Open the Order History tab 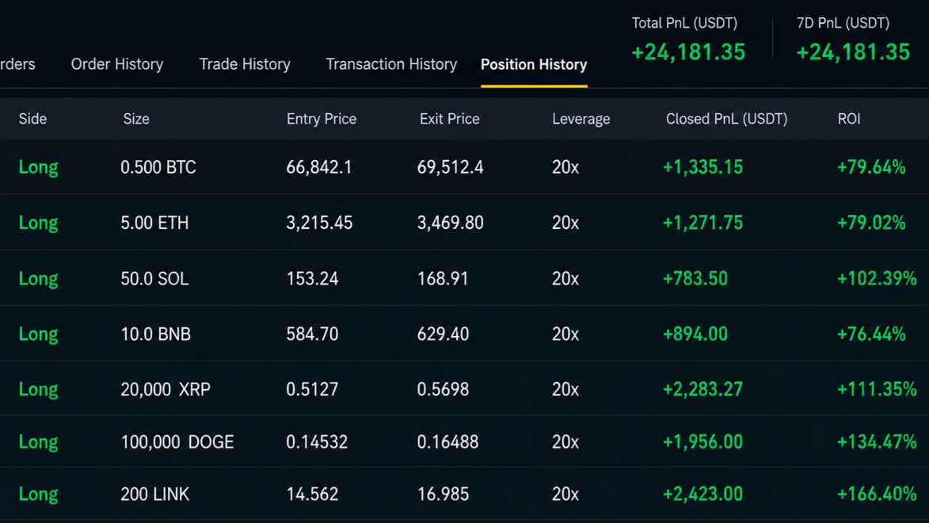pos(116,64)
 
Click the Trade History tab pos(245,64)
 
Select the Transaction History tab pos(391,64)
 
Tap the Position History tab pos(534,64)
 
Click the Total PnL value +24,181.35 pos(688,52)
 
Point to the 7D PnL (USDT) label pos(843,23)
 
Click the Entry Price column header pos(322,119)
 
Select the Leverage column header pos(581,119)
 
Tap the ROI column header pos(849,119)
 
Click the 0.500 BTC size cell pos(158,167)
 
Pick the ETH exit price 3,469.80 pos(451,223)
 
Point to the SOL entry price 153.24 pos(312,279)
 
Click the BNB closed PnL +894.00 pos(695,334)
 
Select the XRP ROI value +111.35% pos(877,389)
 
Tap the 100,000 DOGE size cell pos(177,441)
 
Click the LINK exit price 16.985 pos(444,494)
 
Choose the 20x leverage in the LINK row pos(565,494)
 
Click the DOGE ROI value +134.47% pos(877,441)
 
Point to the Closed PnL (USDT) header pos(726,119)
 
